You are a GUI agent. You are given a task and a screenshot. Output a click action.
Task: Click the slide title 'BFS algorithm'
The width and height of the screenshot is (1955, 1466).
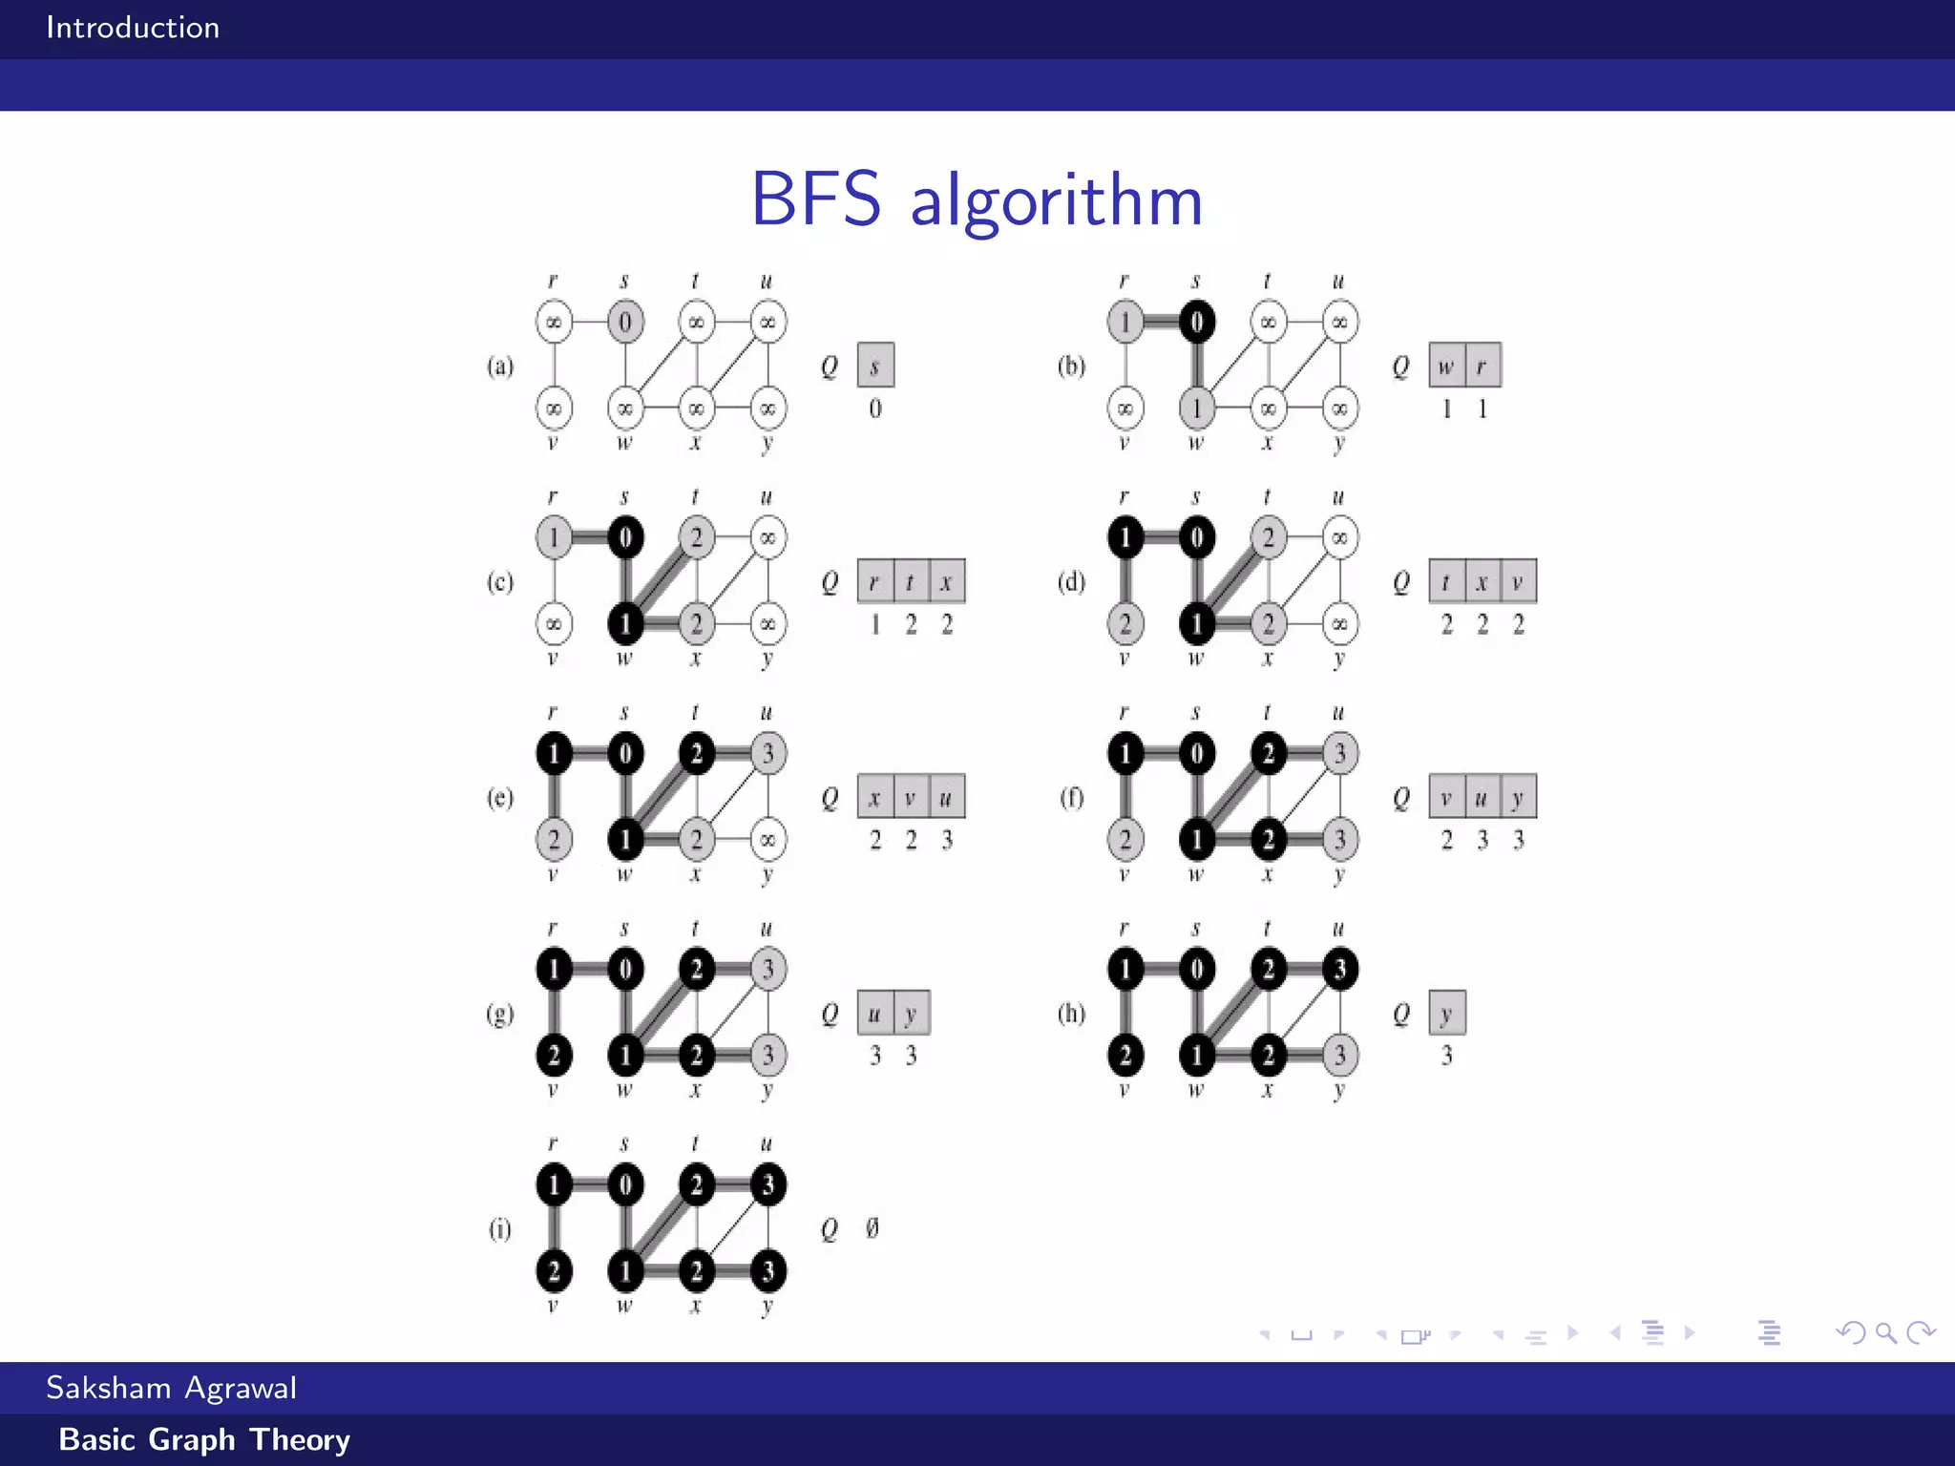977,199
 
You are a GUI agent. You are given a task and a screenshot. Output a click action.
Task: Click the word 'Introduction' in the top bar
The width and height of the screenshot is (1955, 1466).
133,28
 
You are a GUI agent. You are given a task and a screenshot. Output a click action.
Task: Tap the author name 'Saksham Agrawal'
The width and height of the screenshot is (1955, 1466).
172,1387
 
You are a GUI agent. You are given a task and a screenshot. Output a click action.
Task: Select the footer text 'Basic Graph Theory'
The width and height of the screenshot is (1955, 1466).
204,1439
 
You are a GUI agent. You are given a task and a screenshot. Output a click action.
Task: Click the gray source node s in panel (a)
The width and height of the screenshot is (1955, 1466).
625,322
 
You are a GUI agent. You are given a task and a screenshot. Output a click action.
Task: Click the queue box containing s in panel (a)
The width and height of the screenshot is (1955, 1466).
875,366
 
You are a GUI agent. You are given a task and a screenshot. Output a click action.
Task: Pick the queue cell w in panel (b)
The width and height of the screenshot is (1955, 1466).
1446,366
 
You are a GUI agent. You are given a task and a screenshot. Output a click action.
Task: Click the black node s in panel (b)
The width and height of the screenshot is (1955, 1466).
1196,322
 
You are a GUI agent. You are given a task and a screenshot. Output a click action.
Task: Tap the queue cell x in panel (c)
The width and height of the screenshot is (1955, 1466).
946,581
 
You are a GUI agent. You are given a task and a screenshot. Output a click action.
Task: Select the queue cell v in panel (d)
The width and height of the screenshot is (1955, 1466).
1518,581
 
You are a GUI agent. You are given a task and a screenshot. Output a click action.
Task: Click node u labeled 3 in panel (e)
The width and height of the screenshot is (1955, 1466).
768,753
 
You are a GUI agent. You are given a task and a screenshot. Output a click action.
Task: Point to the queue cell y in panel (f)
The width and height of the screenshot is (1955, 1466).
1518,797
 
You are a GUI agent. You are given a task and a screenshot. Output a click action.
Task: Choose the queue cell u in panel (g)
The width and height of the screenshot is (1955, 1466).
874,1013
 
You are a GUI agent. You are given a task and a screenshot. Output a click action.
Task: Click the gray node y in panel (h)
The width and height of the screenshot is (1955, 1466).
1340,1055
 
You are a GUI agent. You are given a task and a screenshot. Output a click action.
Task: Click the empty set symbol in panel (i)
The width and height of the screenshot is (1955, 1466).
872,1227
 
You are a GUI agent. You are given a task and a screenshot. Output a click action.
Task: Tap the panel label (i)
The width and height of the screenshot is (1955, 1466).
500,1228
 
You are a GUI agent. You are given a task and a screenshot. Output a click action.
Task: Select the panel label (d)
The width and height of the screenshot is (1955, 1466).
1071,581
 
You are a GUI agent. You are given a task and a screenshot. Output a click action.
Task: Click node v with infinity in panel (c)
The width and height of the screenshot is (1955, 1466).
554,624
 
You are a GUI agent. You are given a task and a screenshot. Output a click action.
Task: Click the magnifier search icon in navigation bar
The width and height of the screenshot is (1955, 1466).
1885,1332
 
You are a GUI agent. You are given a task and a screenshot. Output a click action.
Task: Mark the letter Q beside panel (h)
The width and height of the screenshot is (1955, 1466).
1400,1014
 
